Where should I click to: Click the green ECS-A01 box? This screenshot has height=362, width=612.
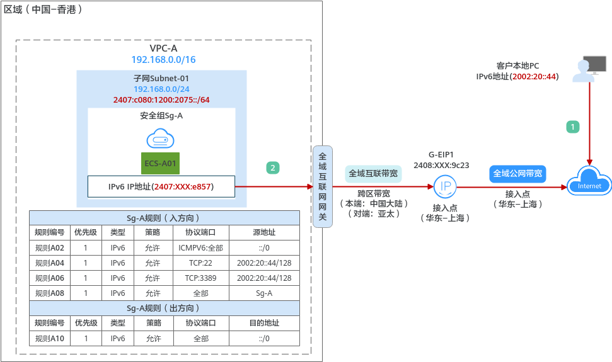click(x=161, y=164)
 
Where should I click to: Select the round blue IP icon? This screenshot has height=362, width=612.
click(x=445, y=186)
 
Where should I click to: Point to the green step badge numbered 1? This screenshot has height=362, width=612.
click(x=572, y=127)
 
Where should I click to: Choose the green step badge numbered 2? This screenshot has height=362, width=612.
click(x=272, y=167)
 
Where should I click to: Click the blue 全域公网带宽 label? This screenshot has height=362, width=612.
click(x=518, y=173)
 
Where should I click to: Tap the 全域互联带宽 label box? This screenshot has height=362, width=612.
click(x=373, y=173)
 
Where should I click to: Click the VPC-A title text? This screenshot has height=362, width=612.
click(x=163, y=48)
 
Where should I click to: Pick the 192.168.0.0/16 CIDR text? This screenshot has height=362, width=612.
click(x=163, y=60)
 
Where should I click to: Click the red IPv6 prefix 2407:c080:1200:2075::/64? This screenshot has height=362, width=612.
click(x=161, y=99)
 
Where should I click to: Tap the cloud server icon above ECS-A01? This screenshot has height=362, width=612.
click(x=161, y=139)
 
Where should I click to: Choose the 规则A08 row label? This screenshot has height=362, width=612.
click(x=50, y=293)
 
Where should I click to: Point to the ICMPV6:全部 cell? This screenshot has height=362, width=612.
click(x=201, y=247)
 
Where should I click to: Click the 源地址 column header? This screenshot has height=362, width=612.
click(x=263, y=232)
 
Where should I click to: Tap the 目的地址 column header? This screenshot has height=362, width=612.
click(x=263, y=323)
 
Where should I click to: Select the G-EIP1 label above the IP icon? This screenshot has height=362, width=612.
click(x=441, y=154)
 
